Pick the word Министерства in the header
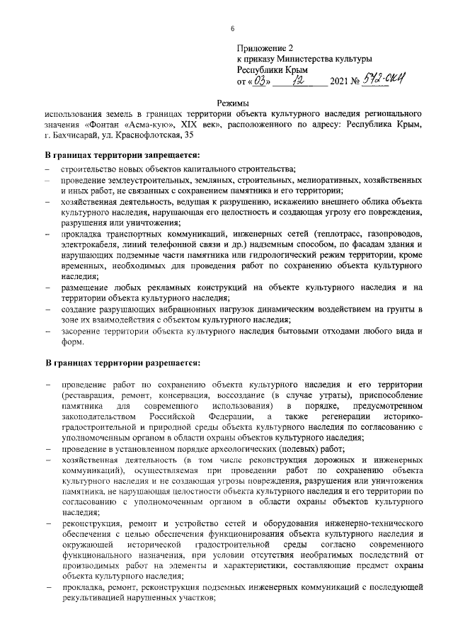click(x=309, y=59)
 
